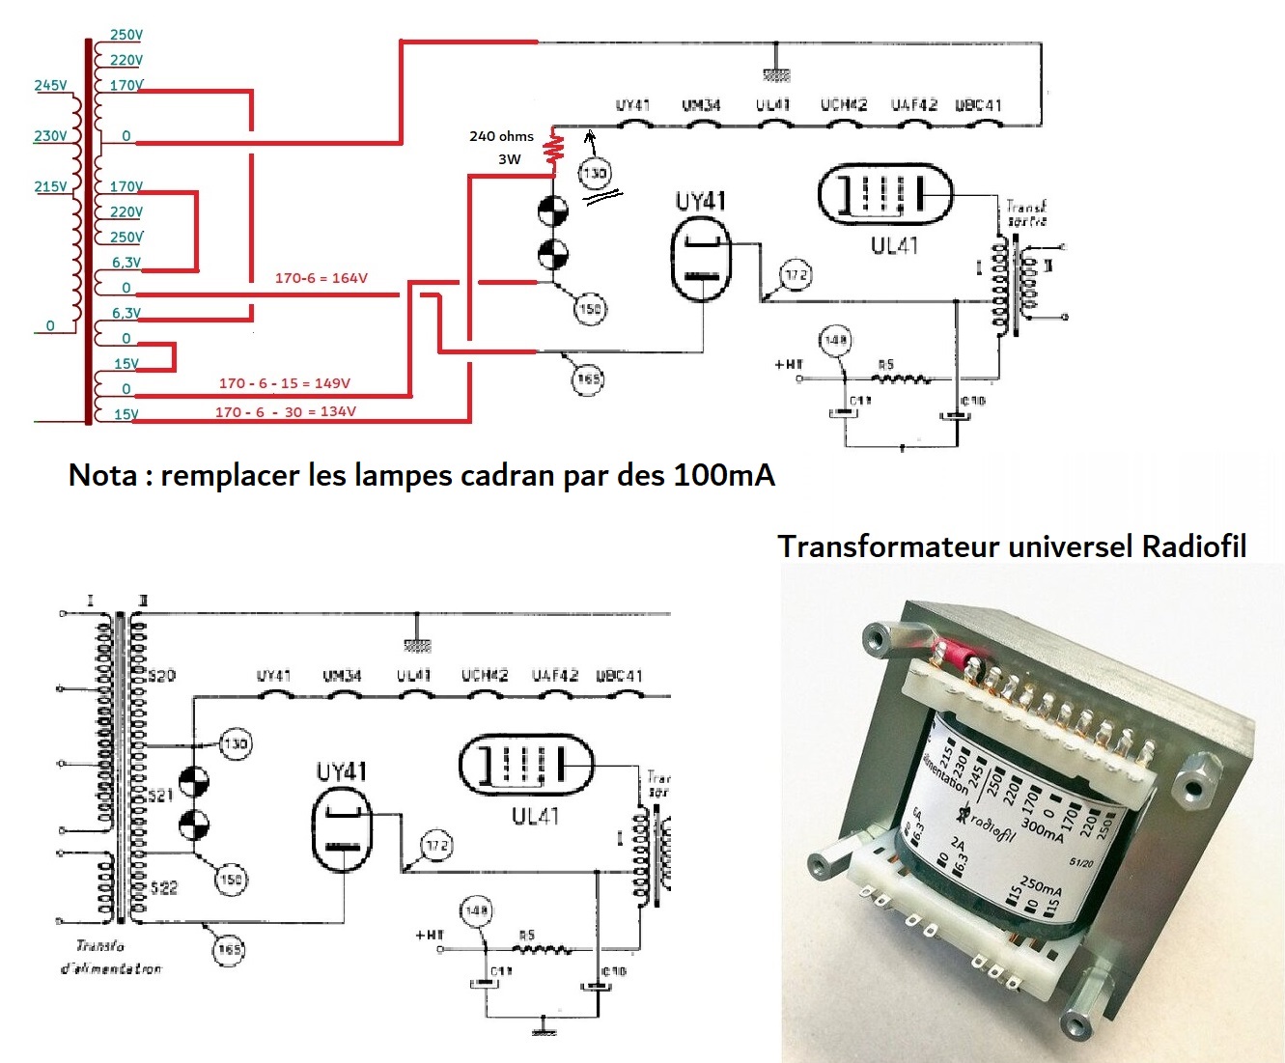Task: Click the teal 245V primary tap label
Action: [x=50, y=85]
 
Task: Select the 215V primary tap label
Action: [x=50, y=186]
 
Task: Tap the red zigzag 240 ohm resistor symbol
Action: [x=554, y=149]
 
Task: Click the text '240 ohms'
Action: [x=501, y=136]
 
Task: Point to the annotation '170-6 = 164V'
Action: [x=321, y=278]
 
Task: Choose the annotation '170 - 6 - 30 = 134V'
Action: [x=285, y=412]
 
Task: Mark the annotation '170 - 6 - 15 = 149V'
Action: [x=284, y=383]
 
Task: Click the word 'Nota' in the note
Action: [x=102, y=475]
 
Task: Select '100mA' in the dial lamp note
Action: [x=724, y=475]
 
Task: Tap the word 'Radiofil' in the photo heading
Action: [x=1193, y=546]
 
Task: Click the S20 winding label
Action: [x=161, y=675]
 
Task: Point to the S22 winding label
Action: [x=163, y=887]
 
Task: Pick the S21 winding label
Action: [x=160, y=795]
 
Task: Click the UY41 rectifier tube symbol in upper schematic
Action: [x=701, y=256]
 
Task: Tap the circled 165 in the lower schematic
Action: [x=229, y=949]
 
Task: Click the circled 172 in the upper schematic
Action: [x=796, y=275]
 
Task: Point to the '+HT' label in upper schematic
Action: [x=788, y=364]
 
